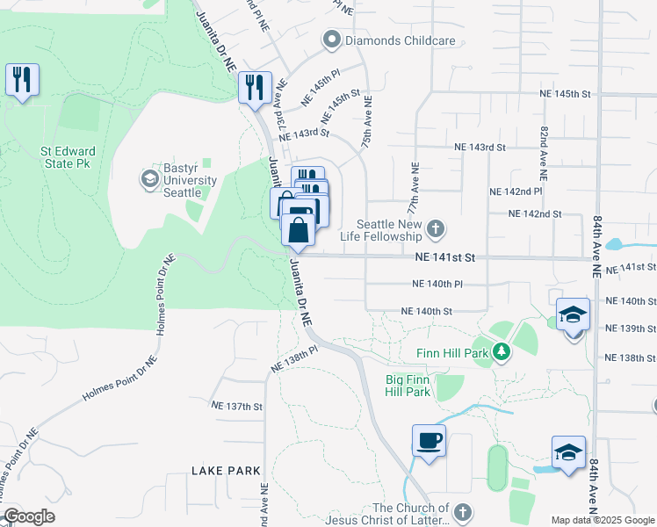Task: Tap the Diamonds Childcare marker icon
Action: point(332,40)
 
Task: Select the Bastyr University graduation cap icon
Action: point(149,179)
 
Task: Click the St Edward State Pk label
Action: point(68,157)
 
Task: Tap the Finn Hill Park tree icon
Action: point(501,352)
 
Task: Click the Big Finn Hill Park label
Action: point(408,386)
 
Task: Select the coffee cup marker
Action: point(429,441)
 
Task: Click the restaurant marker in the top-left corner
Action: point(21,80)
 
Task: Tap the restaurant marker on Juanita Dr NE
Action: point(255,88)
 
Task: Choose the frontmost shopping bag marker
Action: point(299,232)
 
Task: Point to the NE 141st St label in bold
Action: point(445,257)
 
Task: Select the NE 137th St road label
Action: point(237,406)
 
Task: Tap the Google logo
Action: point(28,516)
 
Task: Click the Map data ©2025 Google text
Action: point(602,520)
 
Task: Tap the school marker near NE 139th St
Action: point(572,314)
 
